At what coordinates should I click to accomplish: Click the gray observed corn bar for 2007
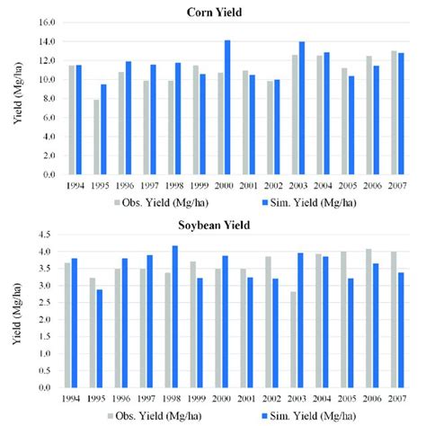tap(394, 112)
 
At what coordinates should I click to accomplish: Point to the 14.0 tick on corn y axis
tap(46, 41)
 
